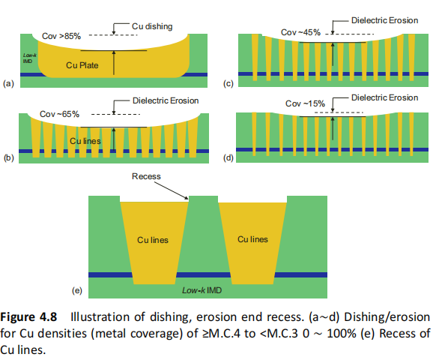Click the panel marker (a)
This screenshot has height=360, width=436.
[x=9, y=83]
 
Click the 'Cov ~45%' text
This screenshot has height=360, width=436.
[x=300, y=32]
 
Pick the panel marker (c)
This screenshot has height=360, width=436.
[x=230, y=83]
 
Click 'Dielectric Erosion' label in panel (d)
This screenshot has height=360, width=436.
[x=384, y=97]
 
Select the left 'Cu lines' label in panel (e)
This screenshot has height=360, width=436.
[x=152, y=239]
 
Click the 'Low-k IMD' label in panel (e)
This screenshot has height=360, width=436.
[x=203, y=289]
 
